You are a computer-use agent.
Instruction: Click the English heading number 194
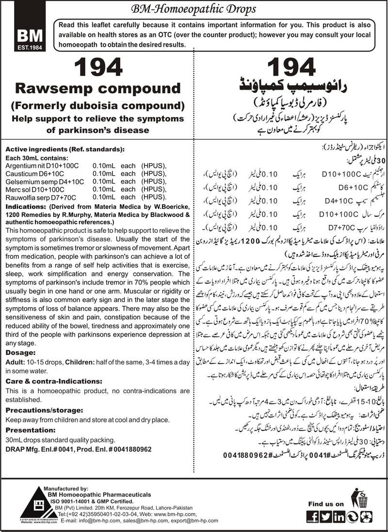coord(97,68)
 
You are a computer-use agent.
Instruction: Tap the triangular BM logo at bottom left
coord(21,505)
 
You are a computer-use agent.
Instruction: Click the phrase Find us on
coord(327,504)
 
